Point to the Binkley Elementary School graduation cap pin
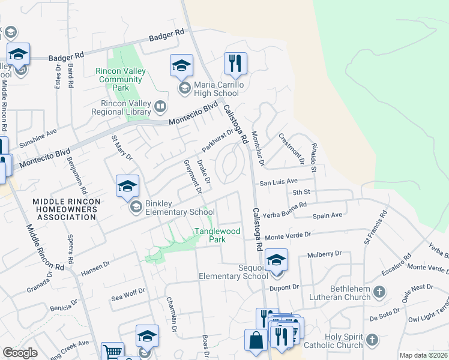pos(127,187)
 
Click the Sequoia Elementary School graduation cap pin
pos(276,260)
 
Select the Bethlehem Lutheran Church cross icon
pos(379,292)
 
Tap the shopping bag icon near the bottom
pos(256,340)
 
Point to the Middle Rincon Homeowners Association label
pos(65,209)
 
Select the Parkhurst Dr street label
pos(217,141)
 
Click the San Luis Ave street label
pos(279,181)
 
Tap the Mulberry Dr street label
pos(324,254)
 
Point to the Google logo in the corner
pos(20,353)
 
